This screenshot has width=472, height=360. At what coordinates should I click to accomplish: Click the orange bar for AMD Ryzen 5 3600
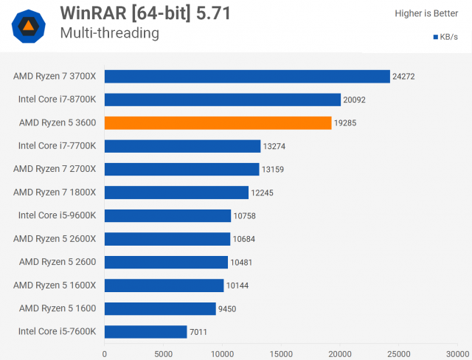tap(218, 122)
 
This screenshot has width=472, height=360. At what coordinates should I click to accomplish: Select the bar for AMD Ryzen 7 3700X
tap(247, 76)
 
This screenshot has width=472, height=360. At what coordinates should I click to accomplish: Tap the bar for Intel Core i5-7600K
tap(145, 331)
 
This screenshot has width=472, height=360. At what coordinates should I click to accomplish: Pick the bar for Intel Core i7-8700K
tap(222, 100)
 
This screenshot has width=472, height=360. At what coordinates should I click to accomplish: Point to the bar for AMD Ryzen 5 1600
tap(160, 308)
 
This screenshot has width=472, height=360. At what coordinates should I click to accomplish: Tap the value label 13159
tap(274, 170)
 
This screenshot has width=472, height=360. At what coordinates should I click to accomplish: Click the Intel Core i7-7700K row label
tap(57, 146)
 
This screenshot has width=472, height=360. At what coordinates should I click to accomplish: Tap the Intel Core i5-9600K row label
tap(57, 215)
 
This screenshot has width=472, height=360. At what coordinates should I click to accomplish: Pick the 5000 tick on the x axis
tap(164, 353)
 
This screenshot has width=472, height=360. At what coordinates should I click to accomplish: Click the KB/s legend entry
tap(445, 37)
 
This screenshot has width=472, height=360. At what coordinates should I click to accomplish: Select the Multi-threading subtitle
tap(109, 33)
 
